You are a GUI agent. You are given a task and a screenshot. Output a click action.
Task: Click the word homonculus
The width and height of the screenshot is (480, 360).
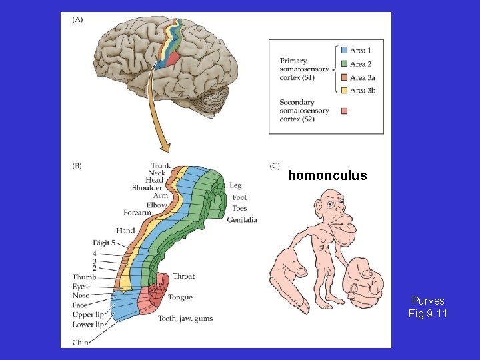[x=327, y=176]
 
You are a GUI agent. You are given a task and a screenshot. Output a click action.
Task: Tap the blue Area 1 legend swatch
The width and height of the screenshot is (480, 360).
[x=344, y=50]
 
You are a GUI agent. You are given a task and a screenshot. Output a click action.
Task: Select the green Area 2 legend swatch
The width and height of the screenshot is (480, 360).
[x=344, y=63]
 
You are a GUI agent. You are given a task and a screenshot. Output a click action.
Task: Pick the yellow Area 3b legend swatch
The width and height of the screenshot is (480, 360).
[x=344, y=90]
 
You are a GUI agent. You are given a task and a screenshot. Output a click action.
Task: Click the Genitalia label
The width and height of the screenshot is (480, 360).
[x=242, y=219]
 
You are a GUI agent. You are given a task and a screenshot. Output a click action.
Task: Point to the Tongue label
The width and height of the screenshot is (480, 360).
[x=181, y=297]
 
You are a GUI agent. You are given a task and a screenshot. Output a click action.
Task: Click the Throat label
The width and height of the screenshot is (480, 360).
[x=183, y=276]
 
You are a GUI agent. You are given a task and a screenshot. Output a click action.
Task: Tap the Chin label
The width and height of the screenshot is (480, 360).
[x=80, y=343]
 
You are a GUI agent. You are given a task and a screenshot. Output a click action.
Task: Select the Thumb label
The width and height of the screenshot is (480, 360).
[x=85, y=277]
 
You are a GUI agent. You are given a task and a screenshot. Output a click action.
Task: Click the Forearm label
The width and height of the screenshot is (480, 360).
[x=137, y=213]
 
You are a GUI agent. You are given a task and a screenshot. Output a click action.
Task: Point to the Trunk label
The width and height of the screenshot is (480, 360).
[x=161, y=165]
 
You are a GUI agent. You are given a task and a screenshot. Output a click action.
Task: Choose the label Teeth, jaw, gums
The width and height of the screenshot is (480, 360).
[x=185, y=319]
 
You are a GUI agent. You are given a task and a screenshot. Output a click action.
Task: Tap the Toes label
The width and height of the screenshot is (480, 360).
[x=239, y=208]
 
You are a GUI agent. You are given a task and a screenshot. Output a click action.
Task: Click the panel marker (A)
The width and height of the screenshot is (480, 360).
[x=77, y=19]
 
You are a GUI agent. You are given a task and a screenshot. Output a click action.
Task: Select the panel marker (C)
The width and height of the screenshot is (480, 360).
[x=275, y=165]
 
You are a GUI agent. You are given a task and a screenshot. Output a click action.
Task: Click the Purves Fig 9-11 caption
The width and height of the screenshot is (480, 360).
[x=427, y=307]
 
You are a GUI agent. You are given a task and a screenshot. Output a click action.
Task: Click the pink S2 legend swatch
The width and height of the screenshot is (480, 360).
[x=344, y=110]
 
